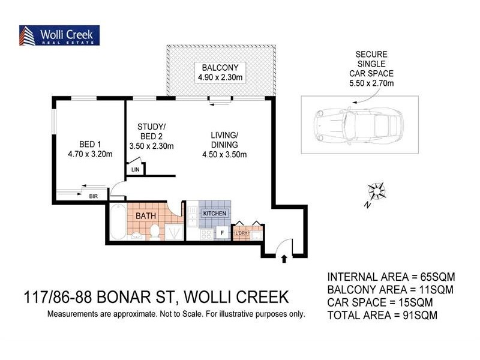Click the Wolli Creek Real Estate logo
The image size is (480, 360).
coord(59,35)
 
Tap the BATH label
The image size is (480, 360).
coord(146,215)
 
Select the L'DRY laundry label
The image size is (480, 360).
coord(242,233)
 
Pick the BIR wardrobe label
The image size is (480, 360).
coord(93,196)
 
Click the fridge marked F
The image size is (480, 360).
coord(221,233)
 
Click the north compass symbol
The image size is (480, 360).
coord(376,192)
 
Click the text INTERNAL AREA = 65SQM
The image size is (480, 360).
coord(391,277)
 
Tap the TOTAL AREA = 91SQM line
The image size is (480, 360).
coord(382,314)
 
